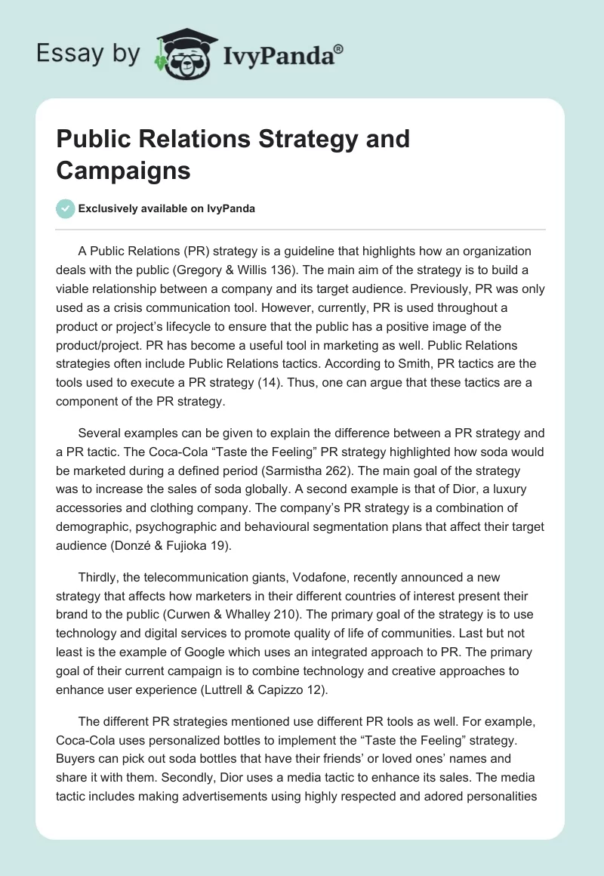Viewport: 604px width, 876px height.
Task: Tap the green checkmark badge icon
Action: pyautogui.click(x=66, y=208)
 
